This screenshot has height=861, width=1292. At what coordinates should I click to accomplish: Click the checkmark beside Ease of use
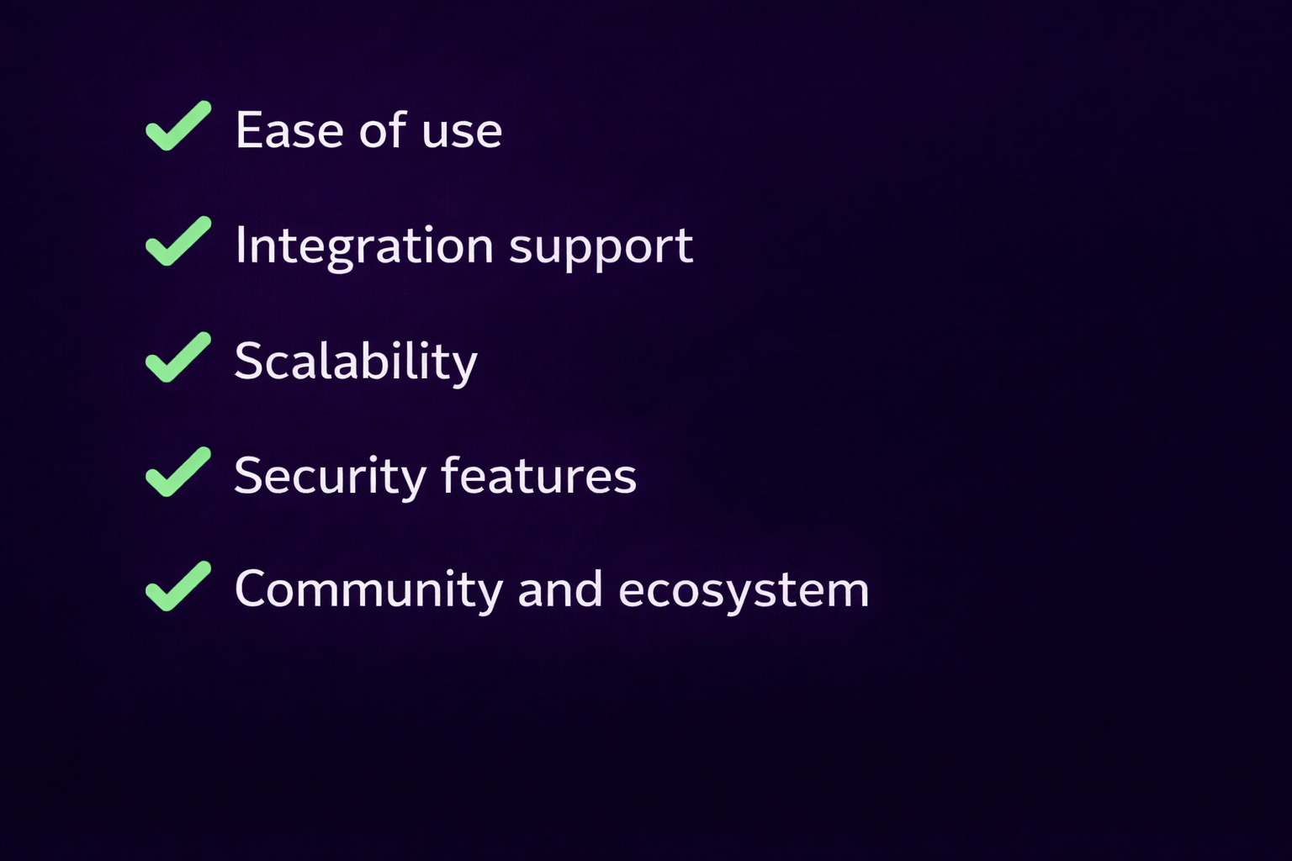[177, 127]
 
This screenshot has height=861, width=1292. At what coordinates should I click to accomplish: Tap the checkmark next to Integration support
[177, 242]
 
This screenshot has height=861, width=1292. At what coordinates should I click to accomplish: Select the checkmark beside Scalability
[177, 358]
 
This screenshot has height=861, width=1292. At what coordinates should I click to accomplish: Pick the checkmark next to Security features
[177, 473]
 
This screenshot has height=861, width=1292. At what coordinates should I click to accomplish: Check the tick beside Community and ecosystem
[177, 587]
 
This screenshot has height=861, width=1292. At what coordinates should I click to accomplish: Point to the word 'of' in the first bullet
[384, 131]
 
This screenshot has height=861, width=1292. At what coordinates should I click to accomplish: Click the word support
[601, 248]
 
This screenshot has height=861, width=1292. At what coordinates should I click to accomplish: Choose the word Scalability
[356, 362]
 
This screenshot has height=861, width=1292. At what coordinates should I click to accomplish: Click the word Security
[330, 477]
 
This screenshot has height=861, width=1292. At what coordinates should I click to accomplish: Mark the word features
[538, 476]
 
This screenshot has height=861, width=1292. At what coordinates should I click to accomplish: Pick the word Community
[368, 590]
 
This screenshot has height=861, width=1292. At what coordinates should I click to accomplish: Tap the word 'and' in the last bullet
[560, 590]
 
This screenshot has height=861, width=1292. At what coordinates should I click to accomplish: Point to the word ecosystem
[744, 592]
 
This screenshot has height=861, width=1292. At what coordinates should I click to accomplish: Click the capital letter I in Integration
[241, 245]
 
